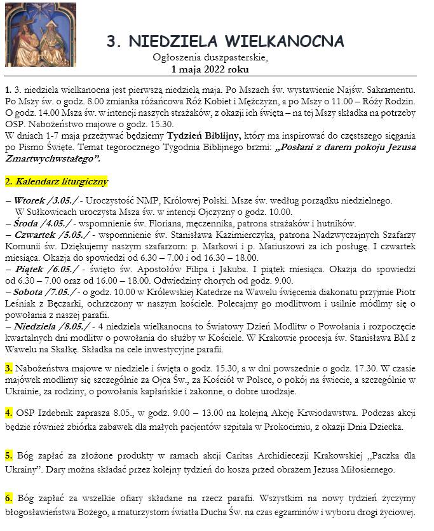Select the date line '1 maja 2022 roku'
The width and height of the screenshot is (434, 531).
[x=210, y=69]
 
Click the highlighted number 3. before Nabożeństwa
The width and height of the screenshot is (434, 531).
[x=8, y=368]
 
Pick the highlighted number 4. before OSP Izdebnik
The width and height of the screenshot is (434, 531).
[x=8, y=413]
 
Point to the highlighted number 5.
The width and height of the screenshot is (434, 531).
[x=8, y=455]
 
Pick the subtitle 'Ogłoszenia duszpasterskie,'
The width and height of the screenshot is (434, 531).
[x=210, y=58]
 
